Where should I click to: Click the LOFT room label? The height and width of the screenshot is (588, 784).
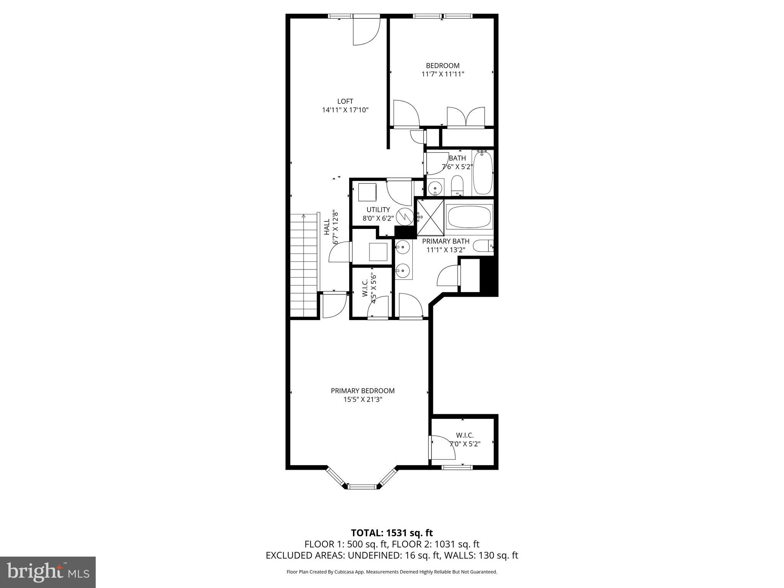[345, 101]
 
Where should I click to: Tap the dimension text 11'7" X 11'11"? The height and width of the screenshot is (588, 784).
[443, 74]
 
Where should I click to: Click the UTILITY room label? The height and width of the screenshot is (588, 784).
[378, 210]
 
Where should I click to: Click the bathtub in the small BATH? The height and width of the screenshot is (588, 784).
[483, 173]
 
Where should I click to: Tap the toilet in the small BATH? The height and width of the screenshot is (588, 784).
[457, 186]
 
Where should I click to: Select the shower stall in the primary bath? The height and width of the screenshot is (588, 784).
[430, 217]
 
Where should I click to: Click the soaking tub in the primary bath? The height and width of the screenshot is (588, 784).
[469, 217]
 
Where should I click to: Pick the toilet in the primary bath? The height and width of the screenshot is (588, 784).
[483, 245]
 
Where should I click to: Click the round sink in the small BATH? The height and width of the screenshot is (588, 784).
[435, 188]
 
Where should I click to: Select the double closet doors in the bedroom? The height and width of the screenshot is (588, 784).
[465, 116]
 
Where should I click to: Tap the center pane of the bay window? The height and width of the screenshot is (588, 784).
[363, 487]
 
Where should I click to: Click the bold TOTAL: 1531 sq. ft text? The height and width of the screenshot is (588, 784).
[392, 533]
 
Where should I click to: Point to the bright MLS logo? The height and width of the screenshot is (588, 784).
[47, 572]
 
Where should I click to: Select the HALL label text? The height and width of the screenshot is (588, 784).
[327, 227]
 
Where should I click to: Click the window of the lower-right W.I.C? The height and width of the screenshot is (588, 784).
[457, 467]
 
